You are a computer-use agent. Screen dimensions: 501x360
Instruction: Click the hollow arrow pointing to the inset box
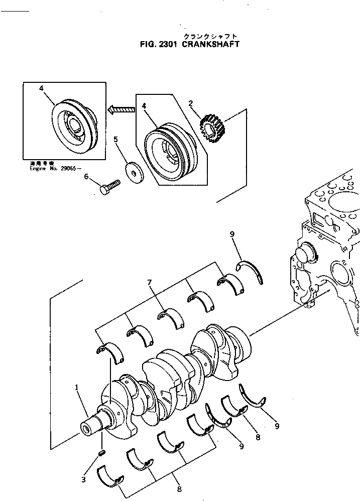[122, 107]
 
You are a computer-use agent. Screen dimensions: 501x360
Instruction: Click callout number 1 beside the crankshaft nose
[77, 387]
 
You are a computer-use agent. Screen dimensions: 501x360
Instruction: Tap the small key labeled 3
[101, 453]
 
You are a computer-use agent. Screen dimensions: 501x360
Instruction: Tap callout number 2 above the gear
[191, 104]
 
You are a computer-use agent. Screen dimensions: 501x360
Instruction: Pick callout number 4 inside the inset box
[41, 88]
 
